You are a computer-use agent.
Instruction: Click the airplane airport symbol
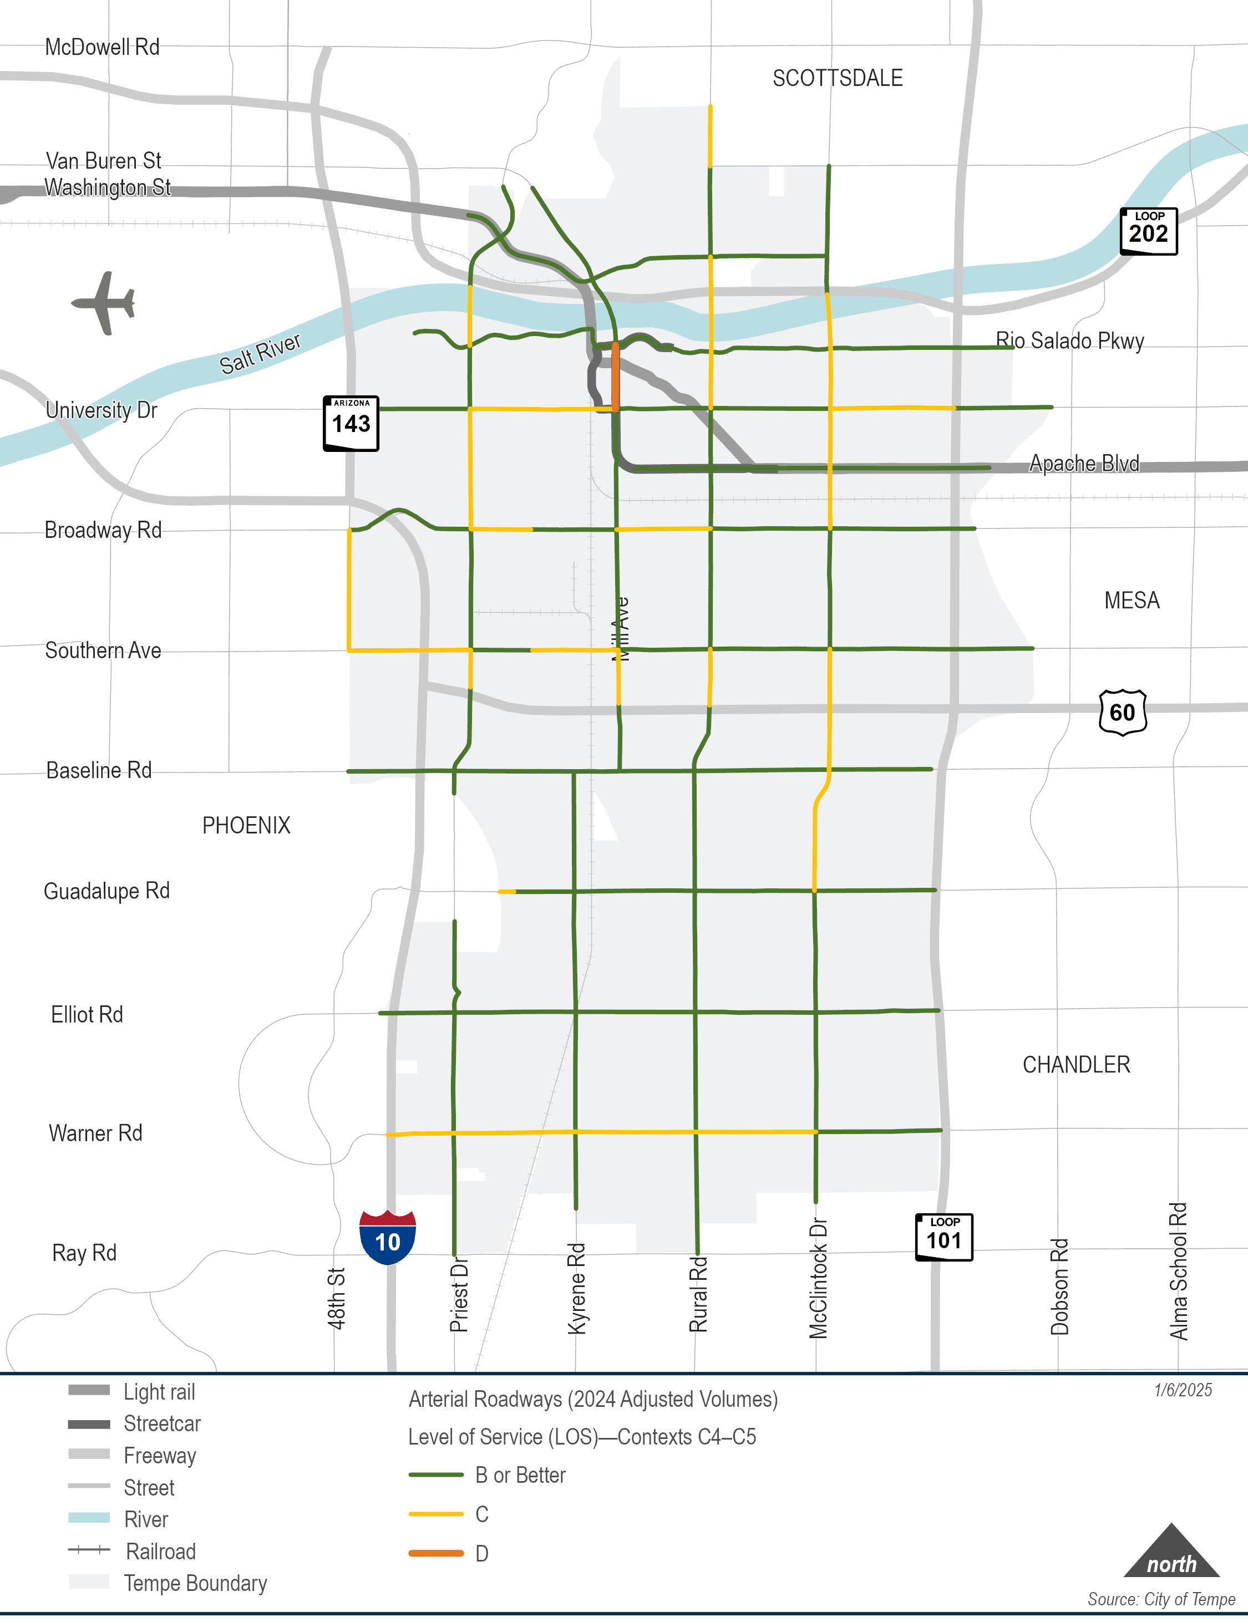click(105, 302)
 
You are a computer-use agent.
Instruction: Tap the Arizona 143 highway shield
click(351, 423)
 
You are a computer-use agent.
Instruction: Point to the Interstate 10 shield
click(387, 1237)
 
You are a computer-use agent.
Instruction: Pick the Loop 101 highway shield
click(943, 1237)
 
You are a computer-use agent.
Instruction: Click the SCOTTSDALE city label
click(837, 78)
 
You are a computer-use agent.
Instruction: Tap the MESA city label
click(1132, 600)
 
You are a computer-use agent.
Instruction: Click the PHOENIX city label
click(246, 825)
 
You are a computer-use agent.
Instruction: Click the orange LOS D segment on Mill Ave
click(615, 376)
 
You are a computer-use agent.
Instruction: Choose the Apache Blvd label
click(1083, 464)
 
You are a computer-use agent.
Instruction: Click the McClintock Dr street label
click(818, 1278)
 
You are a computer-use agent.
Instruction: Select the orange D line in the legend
click(436, 1553)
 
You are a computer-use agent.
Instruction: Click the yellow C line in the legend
click(436, 1513)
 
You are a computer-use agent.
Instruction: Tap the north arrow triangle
click(1171, 1553)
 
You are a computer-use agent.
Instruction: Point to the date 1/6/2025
click(1183, 1390)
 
